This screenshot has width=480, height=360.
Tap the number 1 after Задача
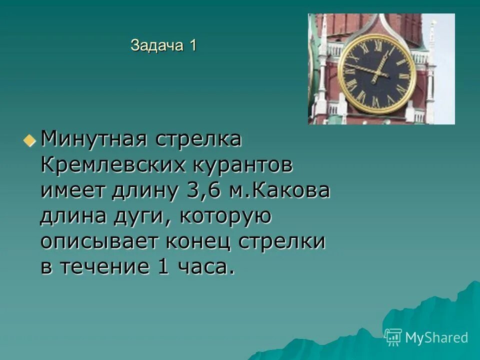[192, 45]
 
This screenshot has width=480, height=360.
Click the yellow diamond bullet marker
[30, 139]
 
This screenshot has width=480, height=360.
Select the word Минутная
[93, 139]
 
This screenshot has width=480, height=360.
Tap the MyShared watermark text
[436, 338]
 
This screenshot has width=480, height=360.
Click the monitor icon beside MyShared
[393, 337]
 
